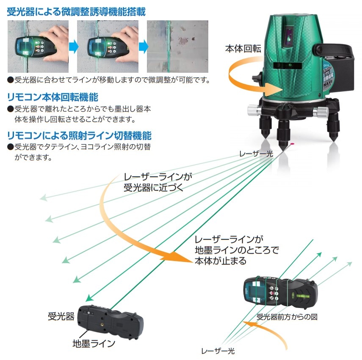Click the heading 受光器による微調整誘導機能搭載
(76, 12)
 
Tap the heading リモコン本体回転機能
(53, 97)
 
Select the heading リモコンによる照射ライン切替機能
(79, 135)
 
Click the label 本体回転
(243, 49)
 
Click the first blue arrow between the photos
(74, 47)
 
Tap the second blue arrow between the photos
(144, 47)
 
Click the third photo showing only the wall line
(177, 47)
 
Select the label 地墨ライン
(94, 344)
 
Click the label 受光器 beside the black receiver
(61, 316)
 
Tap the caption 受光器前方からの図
(287, 317)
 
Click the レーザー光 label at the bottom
(218, 351)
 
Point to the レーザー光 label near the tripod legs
(256, 154)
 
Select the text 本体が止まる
(221, 261)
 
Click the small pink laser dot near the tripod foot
(292, 144)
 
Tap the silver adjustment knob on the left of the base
(254, 110)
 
